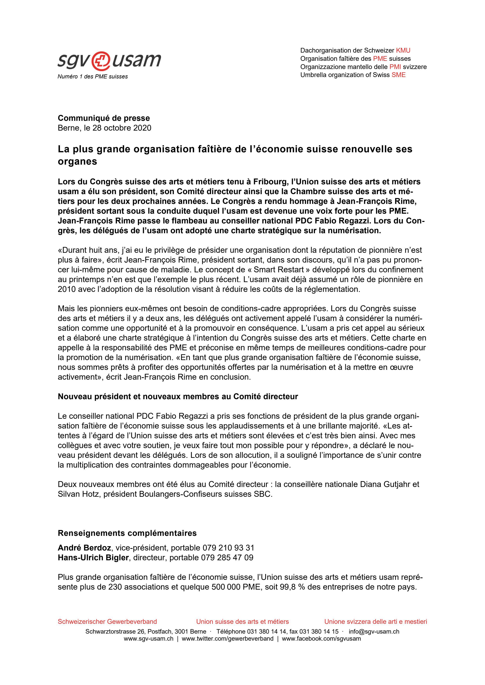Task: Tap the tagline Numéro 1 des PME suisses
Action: [93, 77]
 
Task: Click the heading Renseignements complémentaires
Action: [127, 533]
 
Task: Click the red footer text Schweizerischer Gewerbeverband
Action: [107, 621]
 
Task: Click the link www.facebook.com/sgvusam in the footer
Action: [321, 639]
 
